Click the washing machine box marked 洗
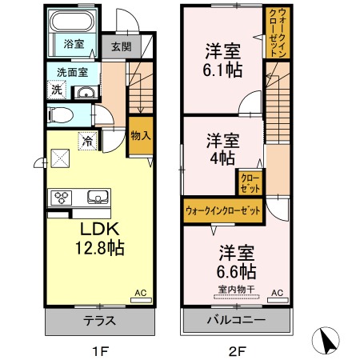pos(56,90)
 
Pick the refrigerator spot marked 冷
pos(85,142)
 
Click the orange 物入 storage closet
pos(140,139)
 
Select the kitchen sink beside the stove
pos(97,197)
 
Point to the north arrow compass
pos(330,341)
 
